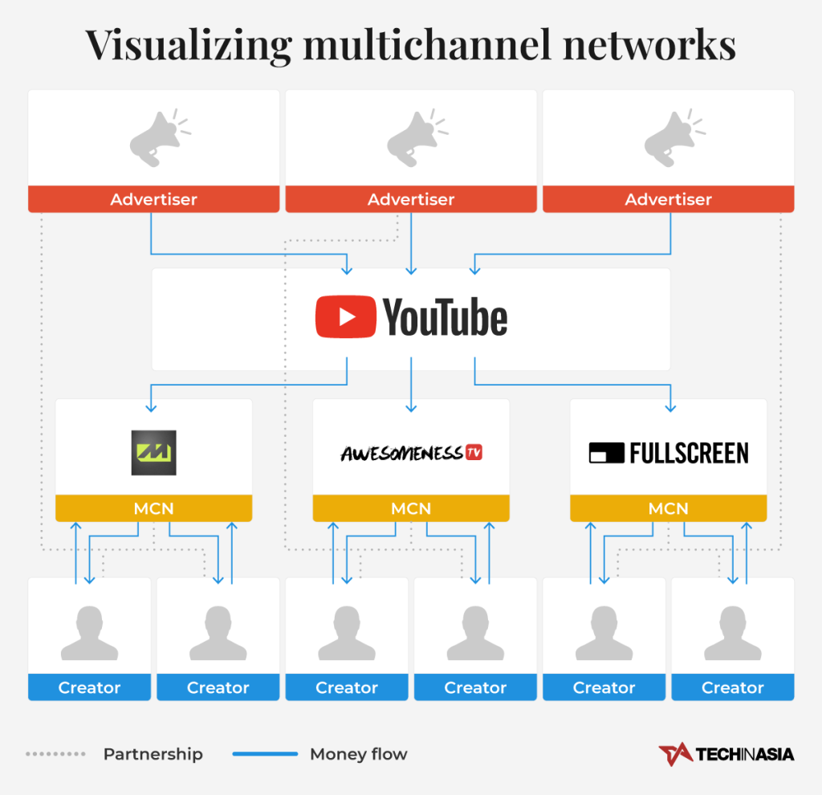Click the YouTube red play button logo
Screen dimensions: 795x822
pyautogui.click(x=345, y=317)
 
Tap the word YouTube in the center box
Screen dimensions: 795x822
pyautogui.click(x=446, y=318)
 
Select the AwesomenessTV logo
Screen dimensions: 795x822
pyautogui.click(x=411, y=453)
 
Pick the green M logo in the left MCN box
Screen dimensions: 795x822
pyautogui.click(x=153, y=453)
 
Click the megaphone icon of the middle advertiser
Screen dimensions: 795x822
pyautogui.click(x=411, y=139)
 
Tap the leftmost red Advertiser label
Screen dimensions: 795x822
pyautogui.click(x=153, y=199)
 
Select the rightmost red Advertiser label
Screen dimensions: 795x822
pyautogui.click(x=668, y=199)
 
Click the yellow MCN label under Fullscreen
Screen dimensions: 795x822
pyautogui.click(x=668, y=508)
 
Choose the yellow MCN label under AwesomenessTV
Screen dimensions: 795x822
pyautogui.click(x=411, y=508)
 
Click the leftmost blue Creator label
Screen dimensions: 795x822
pyautogui.click(x=89, y=687)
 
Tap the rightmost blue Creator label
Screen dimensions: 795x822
pyautogui.click(x=732, y=687)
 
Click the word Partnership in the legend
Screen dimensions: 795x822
pyautogui.click(x=153, y=754)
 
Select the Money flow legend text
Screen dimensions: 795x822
pyautogui.click(x=358, y=754)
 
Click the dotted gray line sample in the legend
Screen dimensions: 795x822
pyautogui.click(x=55, y=754)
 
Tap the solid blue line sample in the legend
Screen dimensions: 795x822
pyautogui.click(x=265, y=754)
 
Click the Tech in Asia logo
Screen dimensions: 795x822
pyautogui.click(x=726, y=754)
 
